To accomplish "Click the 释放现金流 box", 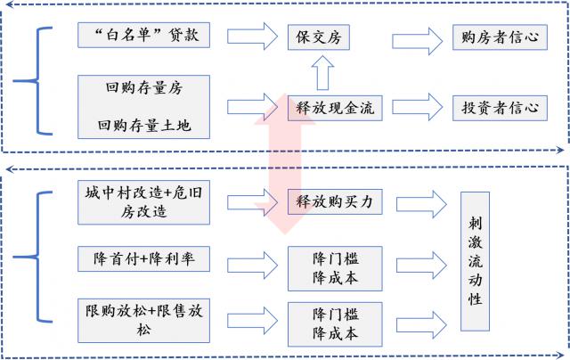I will pyautogui.click(x=334, y=108).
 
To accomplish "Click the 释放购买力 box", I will pyautogui.click(x=334, y=202).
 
